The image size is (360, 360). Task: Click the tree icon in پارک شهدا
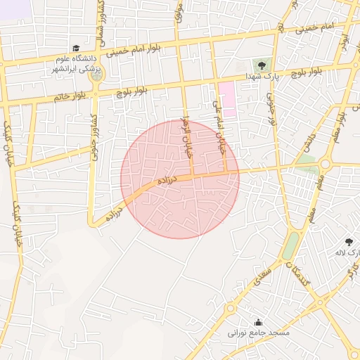(x=262, y=65)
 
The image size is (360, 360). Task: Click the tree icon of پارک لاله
(x=349, y=242)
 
